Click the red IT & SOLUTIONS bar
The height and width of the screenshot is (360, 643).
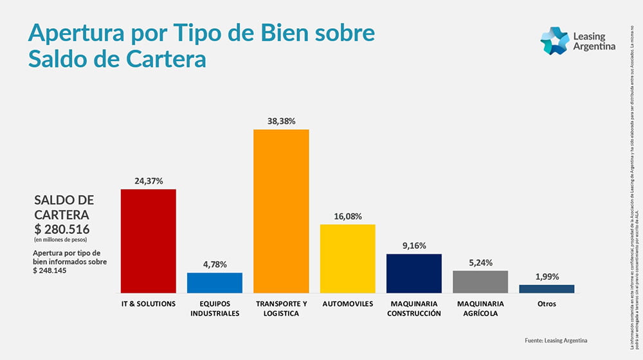click(149, 240)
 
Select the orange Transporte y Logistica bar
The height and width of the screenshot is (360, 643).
click(281, 211)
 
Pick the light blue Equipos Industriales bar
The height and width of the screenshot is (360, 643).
click(215, 283)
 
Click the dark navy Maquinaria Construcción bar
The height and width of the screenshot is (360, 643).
click(414, 273)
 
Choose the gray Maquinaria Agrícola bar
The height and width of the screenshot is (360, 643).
click(480, 282)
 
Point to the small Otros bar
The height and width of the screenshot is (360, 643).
click(547, 289)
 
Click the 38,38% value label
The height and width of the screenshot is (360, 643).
click(281, 121)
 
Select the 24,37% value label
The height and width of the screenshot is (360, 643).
click(149, 181)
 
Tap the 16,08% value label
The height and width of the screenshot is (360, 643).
click(348, 216)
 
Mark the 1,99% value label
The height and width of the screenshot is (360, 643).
click(547, 276)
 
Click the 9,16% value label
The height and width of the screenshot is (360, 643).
click(414, 246)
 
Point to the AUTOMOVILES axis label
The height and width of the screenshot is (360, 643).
click(348, 303)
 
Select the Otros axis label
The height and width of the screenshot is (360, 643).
click(547, 303)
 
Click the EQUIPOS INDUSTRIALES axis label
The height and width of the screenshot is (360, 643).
click(215, 309)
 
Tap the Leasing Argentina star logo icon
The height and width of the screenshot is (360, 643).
click(554, 41)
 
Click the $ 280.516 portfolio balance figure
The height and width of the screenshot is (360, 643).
click(62, 229)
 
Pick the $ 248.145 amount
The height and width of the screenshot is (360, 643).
click(51, 271)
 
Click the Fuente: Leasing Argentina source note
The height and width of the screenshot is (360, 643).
click(556, 340)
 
